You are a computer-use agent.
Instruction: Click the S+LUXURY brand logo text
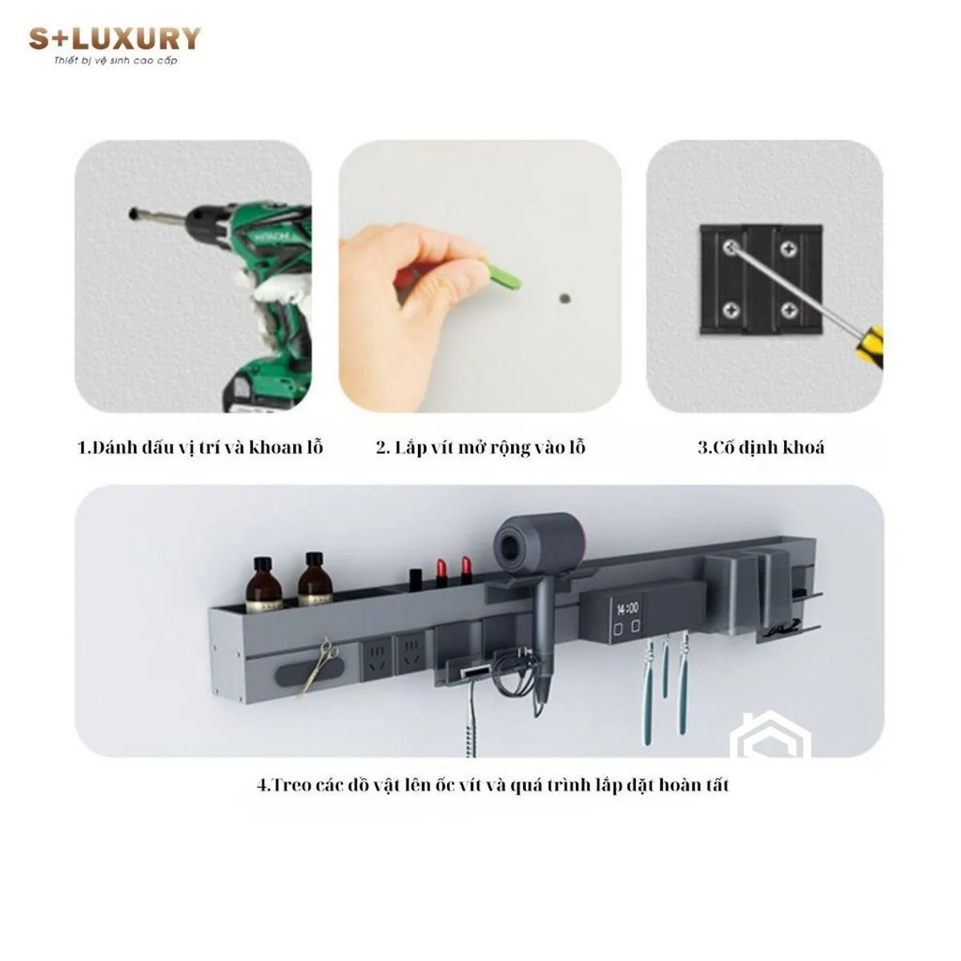pyautogui.click(x=115, y=39)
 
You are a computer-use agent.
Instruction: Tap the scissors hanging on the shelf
pyautogui.click(x=318, y=667)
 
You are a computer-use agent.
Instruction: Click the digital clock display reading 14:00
pyautogui.click(x=627, y=609)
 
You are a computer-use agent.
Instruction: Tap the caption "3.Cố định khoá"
pyautogui.click(x=761, y=448)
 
